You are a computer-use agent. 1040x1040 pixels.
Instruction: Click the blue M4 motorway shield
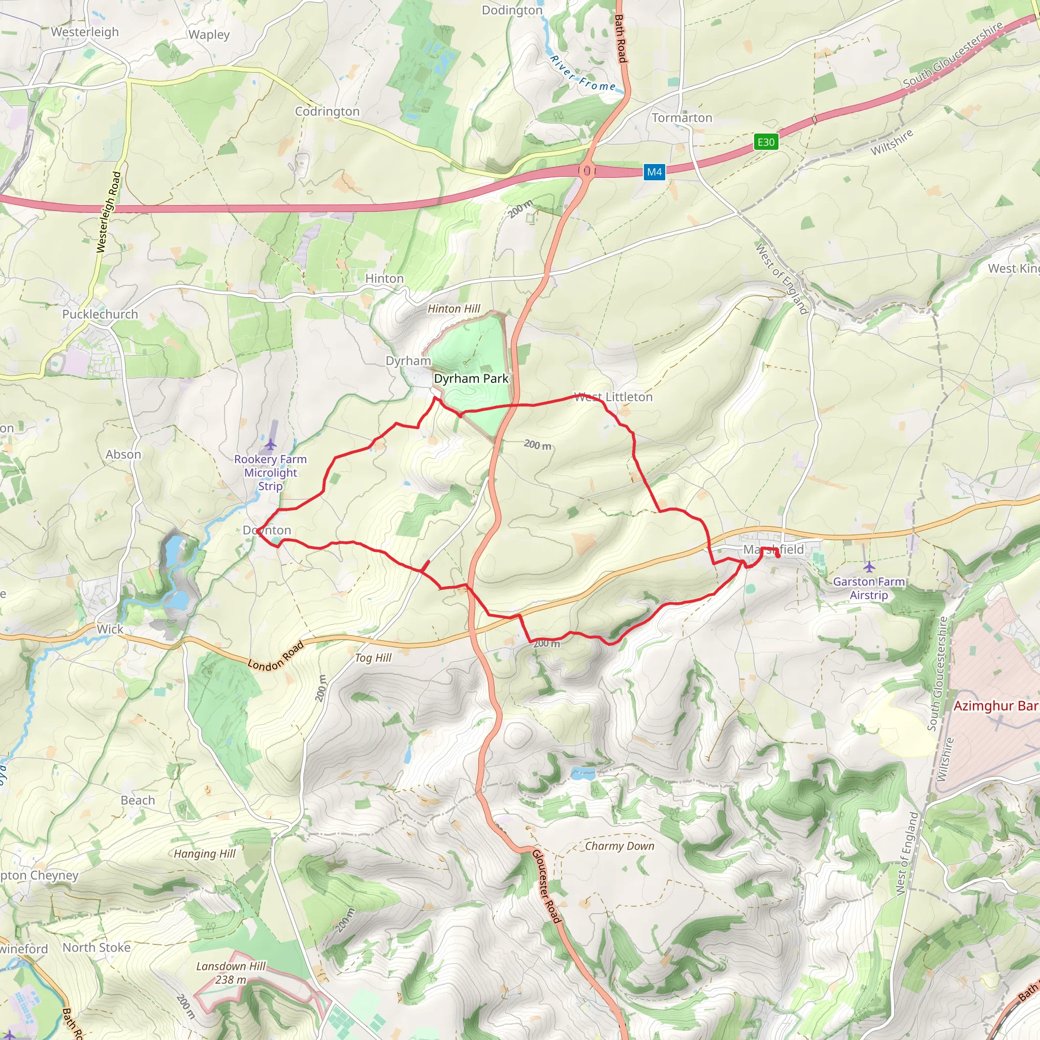tap(654, 172)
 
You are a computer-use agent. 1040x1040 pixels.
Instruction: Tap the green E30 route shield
tap(765, 142)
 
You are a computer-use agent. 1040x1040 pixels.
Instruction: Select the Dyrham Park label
tap(471, 378)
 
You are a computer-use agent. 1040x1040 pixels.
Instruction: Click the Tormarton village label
tap(681, 117)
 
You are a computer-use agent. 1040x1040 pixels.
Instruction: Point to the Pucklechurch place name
tap(100, 314)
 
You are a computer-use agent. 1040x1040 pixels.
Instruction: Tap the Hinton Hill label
tap(453, 308)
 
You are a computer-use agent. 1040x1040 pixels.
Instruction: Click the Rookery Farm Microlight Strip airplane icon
tap(270, 445)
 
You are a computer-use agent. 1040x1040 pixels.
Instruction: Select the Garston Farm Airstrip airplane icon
tap(869, 567)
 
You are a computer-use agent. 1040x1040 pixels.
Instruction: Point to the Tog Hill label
tap(373, 658)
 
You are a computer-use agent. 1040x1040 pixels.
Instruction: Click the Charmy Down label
tap(620, 846)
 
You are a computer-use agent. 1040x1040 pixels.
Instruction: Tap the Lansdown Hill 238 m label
tap(231, 972)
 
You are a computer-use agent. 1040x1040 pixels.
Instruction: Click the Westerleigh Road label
tap(108, 212)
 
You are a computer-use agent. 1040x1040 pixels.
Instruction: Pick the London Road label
tap(276, 656)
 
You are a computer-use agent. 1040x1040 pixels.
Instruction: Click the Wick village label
tap(110, 629)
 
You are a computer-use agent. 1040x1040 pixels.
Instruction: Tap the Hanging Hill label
tap(205, 854)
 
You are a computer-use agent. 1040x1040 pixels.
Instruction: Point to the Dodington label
tap(512, 10)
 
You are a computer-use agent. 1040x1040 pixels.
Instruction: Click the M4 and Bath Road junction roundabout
tap(586, 171)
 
